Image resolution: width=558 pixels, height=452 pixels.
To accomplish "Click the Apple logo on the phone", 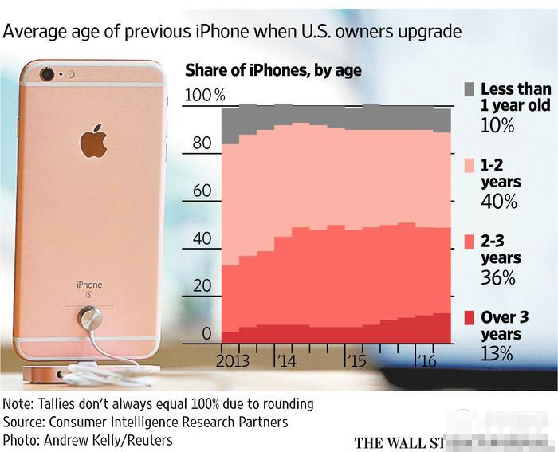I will click(93, 141).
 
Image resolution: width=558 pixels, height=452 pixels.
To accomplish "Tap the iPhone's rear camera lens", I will click(47, 74).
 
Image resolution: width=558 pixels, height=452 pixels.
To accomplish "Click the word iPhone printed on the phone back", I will click(89, 285).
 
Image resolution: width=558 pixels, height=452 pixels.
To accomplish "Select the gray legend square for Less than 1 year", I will click(470, 88).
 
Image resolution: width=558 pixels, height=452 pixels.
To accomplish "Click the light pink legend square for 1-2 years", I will click(470, 165).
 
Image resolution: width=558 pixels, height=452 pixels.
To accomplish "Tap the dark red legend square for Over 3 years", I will click(470, 318).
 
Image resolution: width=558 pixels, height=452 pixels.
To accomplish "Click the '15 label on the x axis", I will click(356, 361).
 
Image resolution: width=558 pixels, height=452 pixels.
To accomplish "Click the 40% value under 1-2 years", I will click(498, 202).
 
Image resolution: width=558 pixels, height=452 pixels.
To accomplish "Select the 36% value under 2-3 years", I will click(498, 278).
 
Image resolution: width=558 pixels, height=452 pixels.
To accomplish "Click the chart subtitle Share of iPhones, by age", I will click(273, 70).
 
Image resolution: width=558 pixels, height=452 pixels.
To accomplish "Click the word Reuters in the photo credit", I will click(145, 439).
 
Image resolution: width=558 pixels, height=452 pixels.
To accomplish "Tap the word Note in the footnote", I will click(19, 403).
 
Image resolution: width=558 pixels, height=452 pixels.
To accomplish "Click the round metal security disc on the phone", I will click(89, 320).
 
